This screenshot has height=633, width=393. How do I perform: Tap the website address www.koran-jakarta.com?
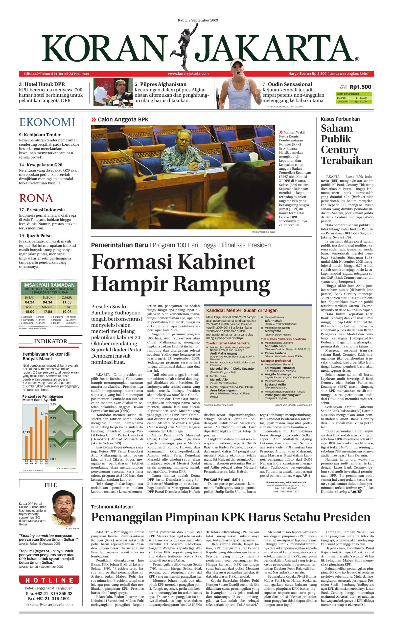(188, 73)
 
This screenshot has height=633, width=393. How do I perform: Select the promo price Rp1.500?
(360, 87)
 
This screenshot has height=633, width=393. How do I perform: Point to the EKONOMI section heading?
(47, 122)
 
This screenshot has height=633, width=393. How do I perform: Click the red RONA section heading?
(36, 198)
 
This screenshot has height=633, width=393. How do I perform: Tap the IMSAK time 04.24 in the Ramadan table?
(30, 302)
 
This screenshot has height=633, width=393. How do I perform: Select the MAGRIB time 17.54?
(47, 312)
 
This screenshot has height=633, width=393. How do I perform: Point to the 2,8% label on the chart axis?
(53, 404)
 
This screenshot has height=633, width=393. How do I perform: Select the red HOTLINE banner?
(49, 580)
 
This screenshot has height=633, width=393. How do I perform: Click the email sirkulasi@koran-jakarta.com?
(49, 604)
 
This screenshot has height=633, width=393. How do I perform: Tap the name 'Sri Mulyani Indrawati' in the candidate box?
(280, 368)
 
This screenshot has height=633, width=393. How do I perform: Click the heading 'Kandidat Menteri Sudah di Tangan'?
(242, 310)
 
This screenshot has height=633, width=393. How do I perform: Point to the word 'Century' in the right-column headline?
(340, 150)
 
